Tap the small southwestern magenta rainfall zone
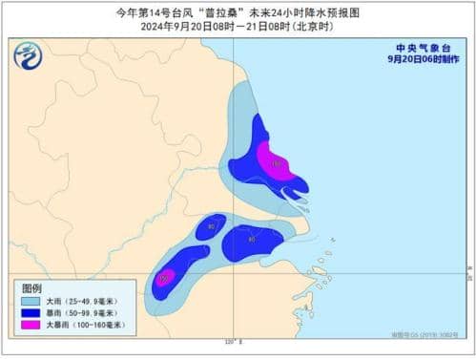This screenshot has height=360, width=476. [165, 278]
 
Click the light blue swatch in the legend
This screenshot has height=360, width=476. [34, 301]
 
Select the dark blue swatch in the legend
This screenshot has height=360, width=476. [34, 312]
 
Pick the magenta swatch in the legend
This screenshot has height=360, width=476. [34, 325]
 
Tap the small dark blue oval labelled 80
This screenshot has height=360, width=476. [211, 227]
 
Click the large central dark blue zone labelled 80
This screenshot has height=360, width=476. [250, 241]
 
